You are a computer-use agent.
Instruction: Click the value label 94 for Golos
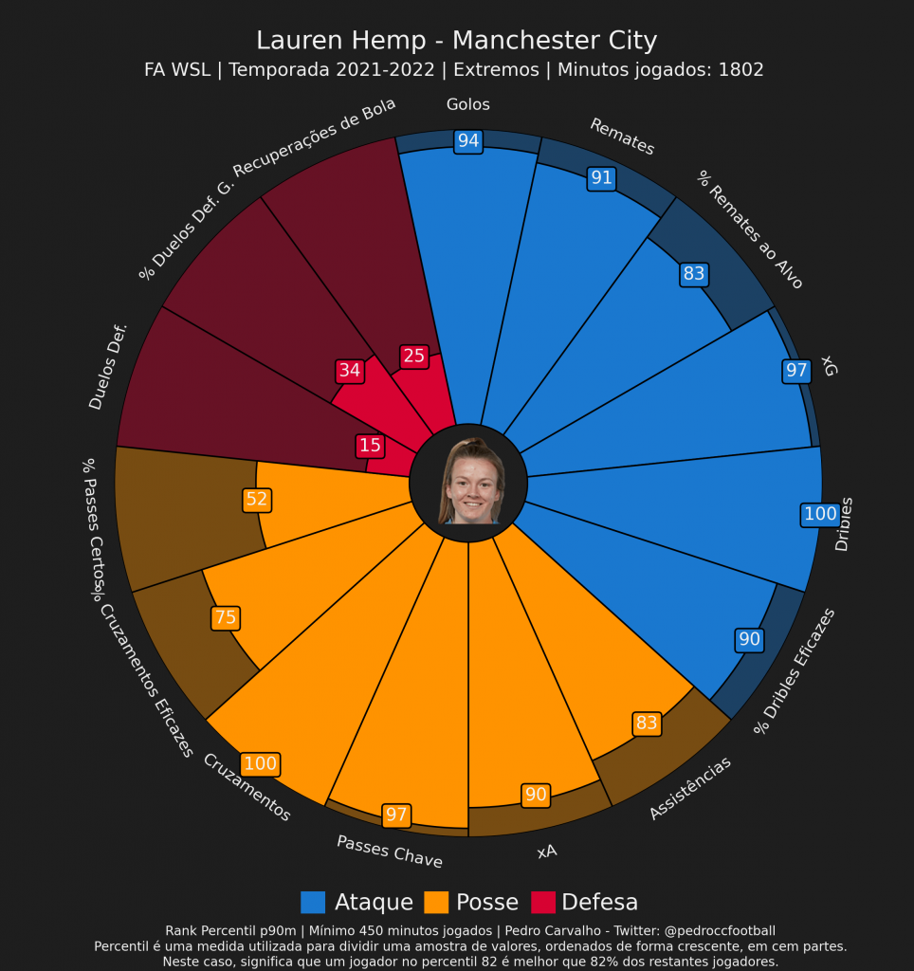(468, 141)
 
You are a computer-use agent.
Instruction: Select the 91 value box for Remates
(601, 177)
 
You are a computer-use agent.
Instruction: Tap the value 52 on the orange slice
(257, 500)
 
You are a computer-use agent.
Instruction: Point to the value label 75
(226, 618)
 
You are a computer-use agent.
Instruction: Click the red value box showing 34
(350, 371)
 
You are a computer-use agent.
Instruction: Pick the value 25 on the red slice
(414, 357)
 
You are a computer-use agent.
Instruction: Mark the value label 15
(370, 446)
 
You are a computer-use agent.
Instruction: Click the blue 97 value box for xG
(796, 371)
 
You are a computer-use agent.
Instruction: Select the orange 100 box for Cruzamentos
(260, 764)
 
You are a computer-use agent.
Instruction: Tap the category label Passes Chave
(389, 851)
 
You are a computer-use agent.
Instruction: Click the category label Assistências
(690, 788)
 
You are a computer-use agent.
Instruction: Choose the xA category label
(546, 852)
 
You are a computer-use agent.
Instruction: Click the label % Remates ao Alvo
(750, 229)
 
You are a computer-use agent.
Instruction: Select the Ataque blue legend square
(313, 902)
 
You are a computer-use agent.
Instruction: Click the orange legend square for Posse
(436, 902)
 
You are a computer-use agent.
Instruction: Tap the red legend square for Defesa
(542, 902)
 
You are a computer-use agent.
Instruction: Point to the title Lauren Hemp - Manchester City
(456, 41)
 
